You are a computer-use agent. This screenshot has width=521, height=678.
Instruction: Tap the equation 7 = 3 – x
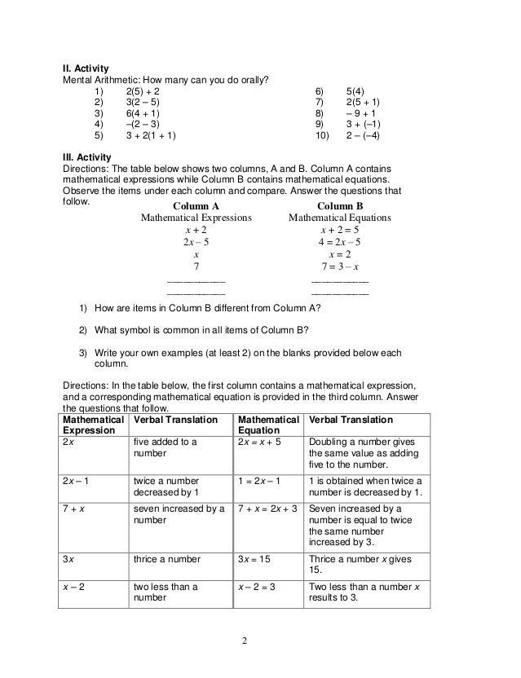pos(340,266)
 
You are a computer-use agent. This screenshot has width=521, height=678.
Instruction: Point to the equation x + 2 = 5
pos(340,230)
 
